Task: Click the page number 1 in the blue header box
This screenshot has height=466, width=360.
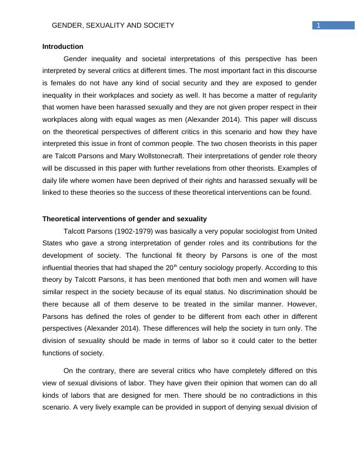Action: (x=318, y=25)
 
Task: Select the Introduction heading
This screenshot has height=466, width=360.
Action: (x=63, y=46)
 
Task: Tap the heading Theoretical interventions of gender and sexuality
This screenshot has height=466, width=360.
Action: (x=124, y=219)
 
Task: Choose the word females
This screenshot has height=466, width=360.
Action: (x=59, y=83)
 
